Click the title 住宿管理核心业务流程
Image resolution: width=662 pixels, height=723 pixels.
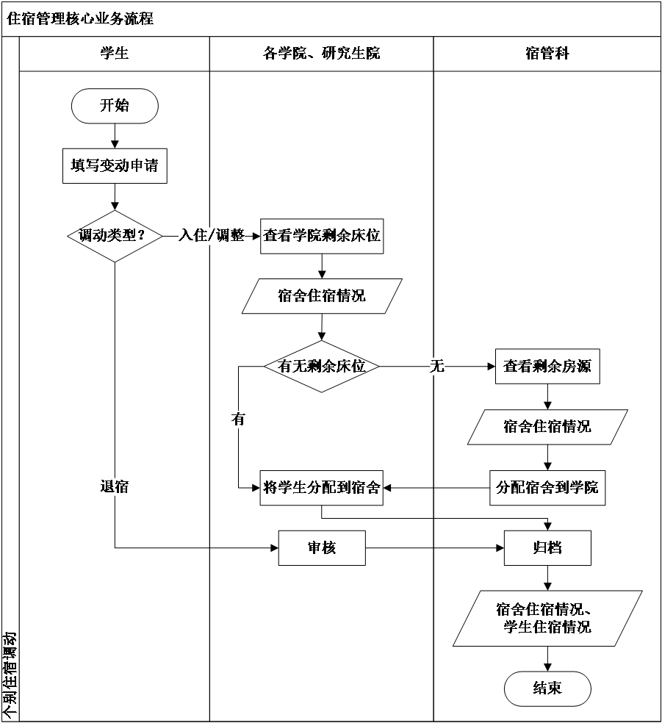point(80,19)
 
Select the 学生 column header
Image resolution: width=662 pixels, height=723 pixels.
point(115,54)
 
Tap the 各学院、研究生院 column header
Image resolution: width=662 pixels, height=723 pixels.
point(322,54)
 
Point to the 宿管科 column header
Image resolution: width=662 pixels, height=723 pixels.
point(547,54)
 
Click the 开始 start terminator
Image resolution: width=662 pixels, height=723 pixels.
point(115,106)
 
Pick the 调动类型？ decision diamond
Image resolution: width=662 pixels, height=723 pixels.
point(115,236)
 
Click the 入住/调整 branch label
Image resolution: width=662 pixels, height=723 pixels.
point(212,236)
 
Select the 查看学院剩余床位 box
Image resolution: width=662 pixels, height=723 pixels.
point(322,236)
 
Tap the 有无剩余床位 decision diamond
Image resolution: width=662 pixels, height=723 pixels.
point(322,366)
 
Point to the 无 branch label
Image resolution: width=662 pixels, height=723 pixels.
point(437,366)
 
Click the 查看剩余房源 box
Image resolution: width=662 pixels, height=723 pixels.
point(547,366)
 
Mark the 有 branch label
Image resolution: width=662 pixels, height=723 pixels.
point(238,420)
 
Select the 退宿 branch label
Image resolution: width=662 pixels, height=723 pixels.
point(115,486)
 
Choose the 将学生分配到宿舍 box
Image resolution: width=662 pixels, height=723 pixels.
point(322,487)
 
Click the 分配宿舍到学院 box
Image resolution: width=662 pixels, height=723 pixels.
point(547,487)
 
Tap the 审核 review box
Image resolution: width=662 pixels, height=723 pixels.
point(322,547)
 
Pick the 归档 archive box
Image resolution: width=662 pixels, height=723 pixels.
point(547,547)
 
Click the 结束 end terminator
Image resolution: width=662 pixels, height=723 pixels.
point(547,688)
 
